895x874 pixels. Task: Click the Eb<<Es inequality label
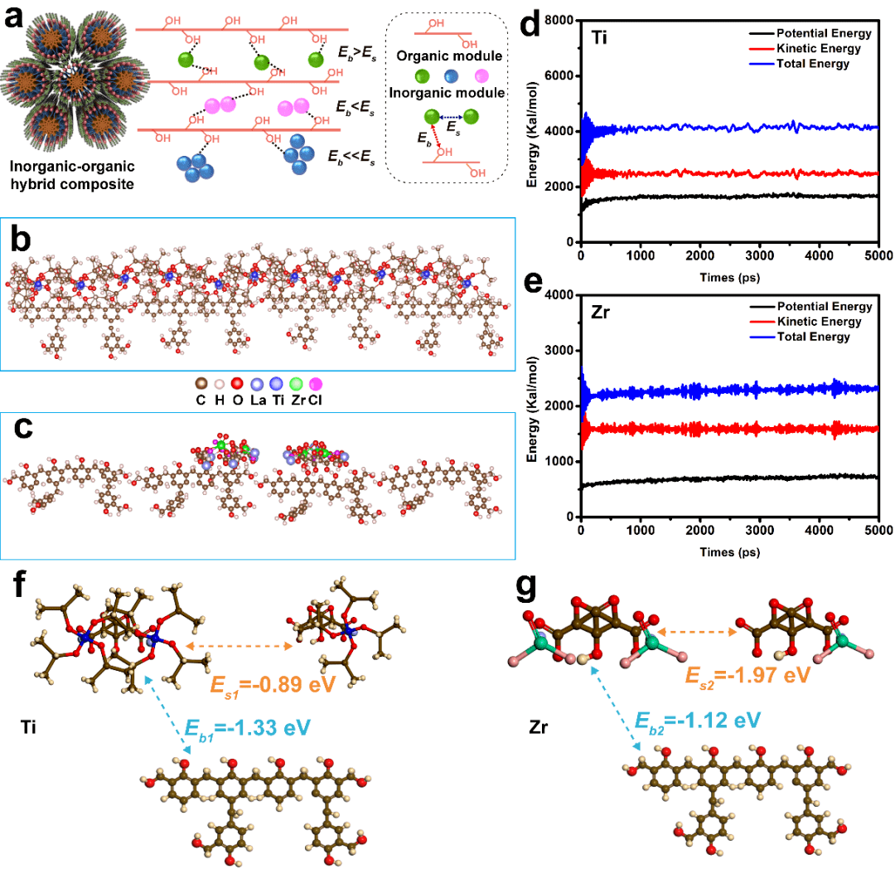(x=352, y=155)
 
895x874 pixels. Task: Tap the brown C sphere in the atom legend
(x=200, y=384)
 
